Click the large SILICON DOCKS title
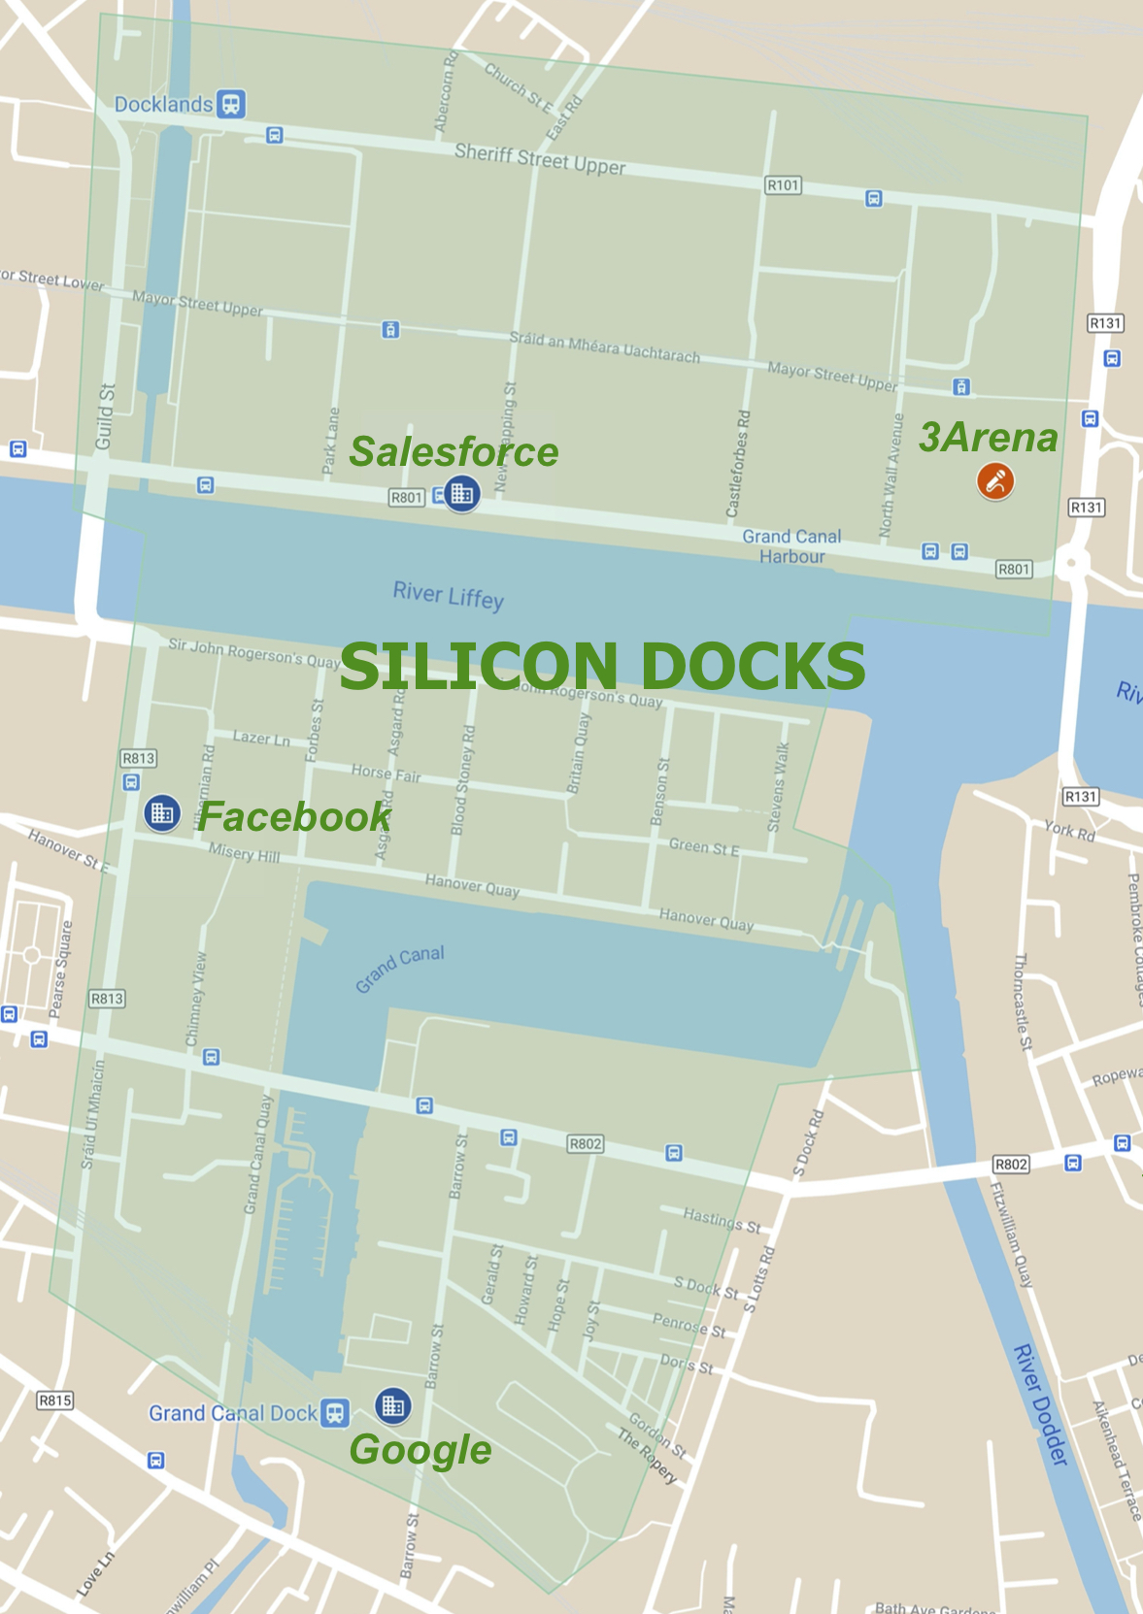(602, 666)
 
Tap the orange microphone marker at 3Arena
(995, 480)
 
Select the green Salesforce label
(454, 452)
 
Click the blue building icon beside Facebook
(162, 813)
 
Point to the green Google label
(420, 1450)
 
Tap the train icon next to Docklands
(231, 103)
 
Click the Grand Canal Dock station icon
(336, 1413)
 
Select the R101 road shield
(783, 184)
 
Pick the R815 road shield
(54, 1400)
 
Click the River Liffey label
(448, 595)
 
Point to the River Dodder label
(1041, 1404)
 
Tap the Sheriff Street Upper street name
(540, 159)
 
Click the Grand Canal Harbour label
(791, 546)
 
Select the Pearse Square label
(60, 970)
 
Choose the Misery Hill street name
(244, 853)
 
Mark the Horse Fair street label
(386, 773)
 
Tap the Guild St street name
(105, 417)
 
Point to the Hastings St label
(721, 1220)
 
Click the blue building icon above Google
(393, 1404)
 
